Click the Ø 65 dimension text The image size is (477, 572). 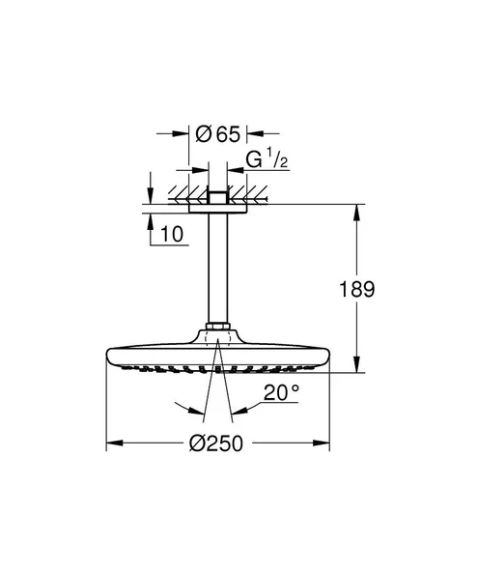click(x=217, y=135)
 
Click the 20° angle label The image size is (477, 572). click(x=282, y=393)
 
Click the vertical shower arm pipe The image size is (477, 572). click(x=217, y=271)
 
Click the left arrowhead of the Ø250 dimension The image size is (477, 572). click(x=111, y=443)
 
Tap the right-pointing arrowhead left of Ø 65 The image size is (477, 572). click(x=183, y=136)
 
